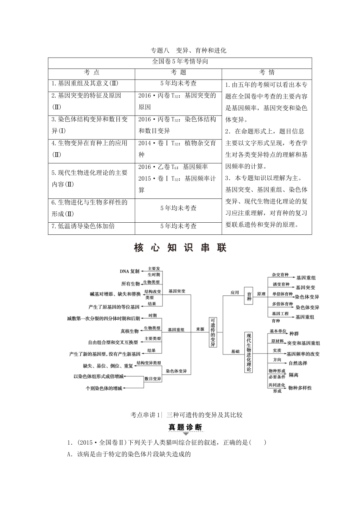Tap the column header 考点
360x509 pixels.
pyautogui.click(x=91, y=73)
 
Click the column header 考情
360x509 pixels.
pyautogui.click(x=267, y=73)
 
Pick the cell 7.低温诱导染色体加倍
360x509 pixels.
pyautogui.click(x=83, y=226)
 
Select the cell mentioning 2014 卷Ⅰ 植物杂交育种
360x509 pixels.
pyautogui.click(x=178, y=149)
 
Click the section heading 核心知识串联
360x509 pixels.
pyautogui.click(x=180, y=248)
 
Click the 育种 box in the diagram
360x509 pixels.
pyautogui.click(x=249, y=294)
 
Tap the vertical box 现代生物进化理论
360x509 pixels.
pyautogui.click(x=249, y=352)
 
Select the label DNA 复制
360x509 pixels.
pyautogui.click(x=130, y=272)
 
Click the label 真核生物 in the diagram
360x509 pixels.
pyautogui.click(x=130, y=331)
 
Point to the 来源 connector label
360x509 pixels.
pyautogui.click(x=200, y=329)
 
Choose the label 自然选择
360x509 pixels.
pyautogui.click(x=298, y=363)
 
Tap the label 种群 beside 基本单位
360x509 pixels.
pyautogui.click(x=294, y=334)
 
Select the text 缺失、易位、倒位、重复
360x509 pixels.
pyautogui.click(x=108, y=366)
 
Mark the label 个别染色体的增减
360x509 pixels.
pyautogui.click(x=104, y=388)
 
